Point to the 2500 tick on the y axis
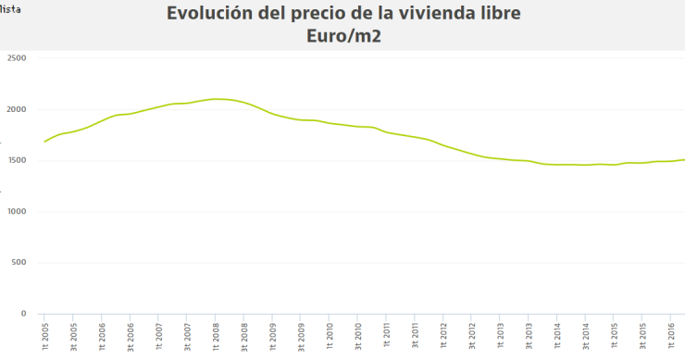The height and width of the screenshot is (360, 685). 17,58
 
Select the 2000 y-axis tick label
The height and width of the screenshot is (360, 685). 17,109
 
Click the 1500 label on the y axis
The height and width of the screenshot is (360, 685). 17,160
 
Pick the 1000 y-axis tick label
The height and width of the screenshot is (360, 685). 17,211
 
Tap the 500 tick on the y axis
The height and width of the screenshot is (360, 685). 19,263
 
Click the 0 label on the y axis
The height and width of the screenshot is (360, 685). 24,314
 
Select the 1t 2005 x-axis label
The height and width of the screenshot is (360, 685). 45,337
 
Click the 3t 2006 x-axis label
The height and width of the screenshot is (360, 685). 131,337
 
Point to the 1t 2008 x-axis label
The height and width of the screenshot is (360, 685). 216,337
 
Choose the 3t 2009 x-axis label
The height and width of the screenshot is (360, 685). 301,337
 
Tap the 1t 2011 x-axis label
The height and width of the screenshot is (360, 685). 386,337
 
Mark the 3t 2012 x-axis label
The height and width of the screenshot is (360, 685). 471,337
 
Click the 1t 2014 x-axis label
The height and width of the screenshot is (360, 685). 556,337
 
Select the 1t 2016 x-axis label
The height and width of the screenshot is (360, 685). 670,337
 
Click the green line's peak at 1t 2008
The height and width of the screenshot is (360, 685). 216,99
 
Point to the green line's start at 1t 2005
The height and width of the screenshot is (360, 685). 44,142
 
